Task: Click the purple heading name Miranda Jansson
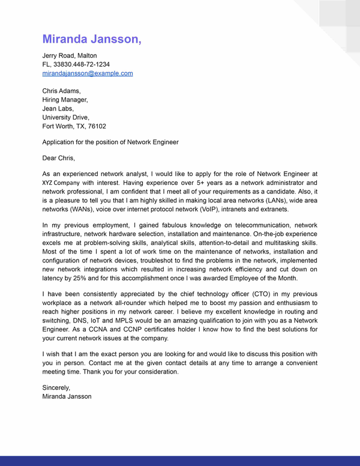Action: click(92, 40)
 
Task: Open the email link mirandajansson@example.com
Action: click(87, 73)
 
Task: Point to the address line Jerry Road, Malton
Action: click(69, 56)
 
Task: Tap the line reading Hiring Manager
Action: click(65, 100)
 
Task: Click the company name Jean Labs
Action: click(58, 109)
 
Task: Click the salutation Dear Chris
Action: click(58, 159)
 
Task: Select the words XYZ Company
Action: click(61, 183)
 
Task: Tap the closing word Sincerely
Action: click(56, 388)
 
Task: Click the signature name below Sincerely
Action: click(67, 397)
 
